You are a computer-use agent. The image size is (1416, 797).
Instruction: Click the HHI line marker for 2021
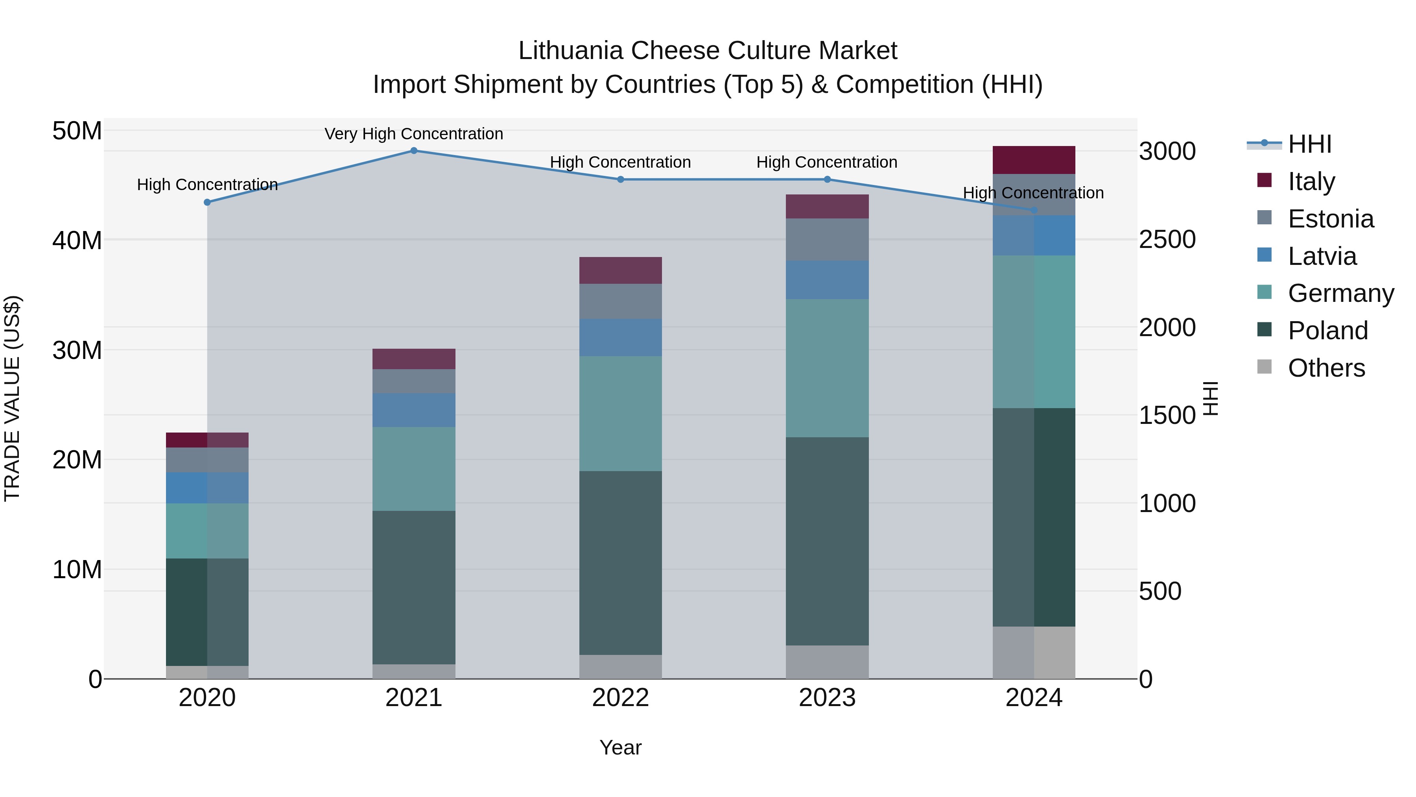point(414,150)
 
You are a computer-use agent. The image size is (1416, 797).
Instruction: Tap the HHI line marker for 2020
point(207,202)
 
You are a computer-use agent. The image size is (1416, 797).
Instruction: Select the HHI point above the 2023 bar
point(827,179)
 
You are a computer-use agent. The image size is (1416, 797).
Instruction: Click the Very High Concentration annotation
point(413,134)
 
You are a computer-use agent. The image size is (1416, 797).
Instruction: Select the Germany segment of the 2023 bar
point(827,368)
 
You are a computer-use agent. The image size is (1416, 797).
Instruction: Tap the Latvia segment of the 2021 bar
point(413,410)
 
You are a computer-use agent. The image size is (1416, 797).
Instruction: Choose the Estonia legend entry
point(1330,219)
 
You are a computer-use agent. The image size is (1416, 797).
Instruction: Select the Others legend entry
point(1326,368)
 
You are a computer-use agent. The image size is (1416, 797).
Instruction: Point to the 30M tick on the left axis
point(77,350)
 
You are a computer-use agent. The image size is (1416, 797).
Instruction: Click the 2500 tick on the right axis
point(1167,239)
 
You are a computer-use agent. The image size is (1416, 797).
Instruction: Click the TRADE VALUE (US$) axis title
point(12,398)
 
